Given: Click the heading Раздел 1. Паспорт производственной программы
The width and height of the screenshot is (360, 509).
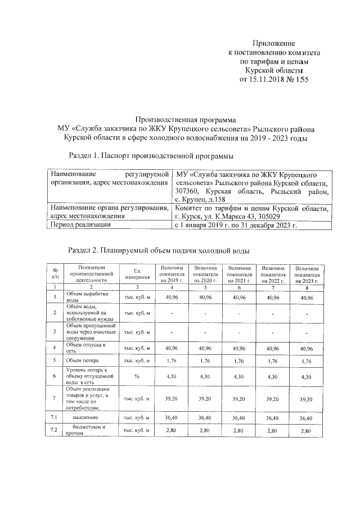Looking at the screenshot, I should pos(150,155).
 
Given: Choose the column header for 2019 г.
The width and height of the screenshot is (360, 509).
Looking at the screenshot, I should pos(172,274).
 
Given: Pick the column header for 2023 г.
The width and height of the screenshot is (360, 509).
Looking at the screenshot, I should pos(307,274).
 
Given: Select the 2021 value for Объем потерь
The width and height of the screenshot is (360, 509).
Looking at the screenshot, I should pos(238,360).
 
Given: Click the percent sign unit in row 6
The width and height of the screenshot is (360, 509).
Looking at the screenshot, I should pos(137,376).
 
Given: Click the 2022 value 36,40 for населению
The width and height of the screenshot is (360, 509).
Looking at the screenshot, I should pos(273,418).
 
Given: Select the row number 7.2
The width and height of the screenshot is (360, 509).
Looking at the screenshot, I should pos(55,430).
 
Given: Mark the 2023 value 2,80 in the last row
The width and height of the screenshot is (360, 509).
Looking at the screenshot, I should pos(307,431).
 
